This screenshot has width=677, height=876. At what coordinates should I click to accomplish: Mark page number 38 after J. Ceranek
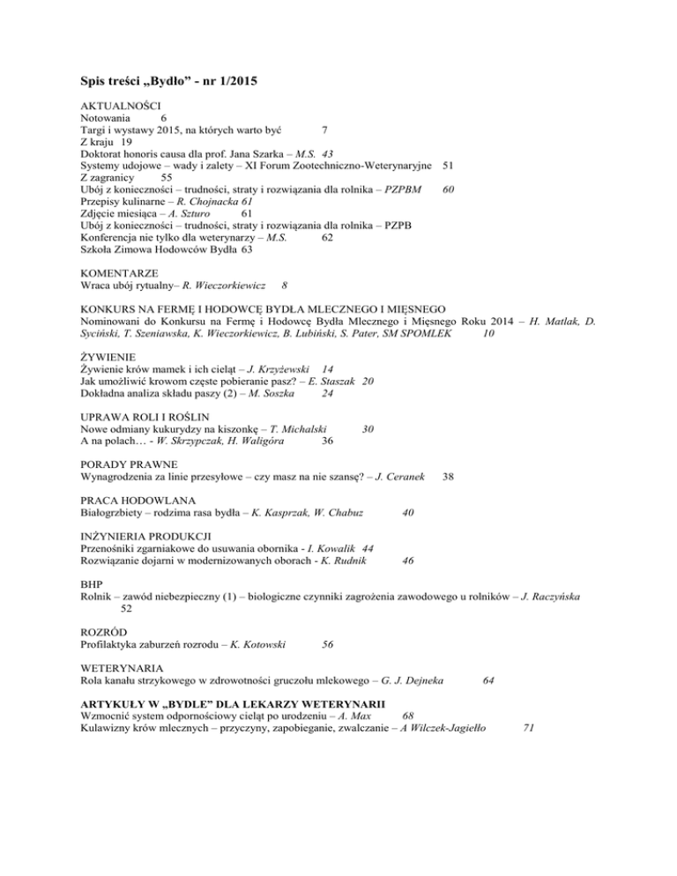pyautogui.click(x=449, y=479)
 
